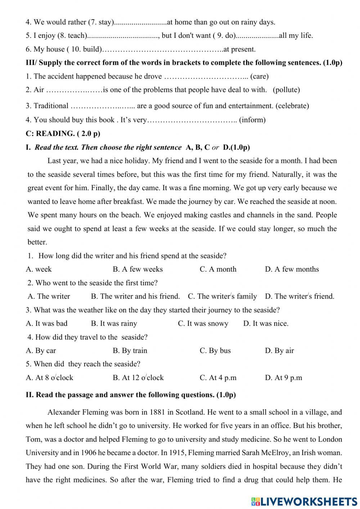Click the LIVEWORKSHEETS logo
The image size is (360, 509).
(x=304, y=501)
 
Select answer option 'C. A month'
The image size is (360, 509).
(x=218, y=269)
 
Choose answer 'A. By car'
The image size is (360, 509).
(x=41, y=351)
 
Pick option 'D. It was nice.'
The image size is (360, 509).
(x=266, y=323)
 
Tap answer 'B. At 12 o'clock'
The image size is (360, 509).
(x=138, y=378)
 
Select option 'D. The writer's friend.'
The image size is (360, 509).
(x=300, y=296)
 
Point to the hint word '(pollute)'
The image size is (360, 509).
(x=286, y=90)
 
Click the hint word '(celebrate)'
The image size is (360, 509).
(x=292, y=106)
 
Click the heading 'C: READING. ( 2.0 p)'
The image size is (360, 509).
(x=63, y=133)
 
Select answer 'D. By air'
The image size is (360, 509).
(x=279, y=351)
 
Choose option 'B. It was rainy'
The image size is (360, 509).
(x=114, y=323)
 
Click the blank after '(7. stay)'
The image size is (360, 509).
(x=140, y=22)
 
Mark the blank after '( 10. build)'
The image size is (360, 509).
(x=162, y=49)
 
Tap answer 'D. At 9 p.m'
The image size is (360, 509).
(x=283, y=378)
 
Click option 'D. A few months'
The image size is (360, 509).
(x=292, y=269)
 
